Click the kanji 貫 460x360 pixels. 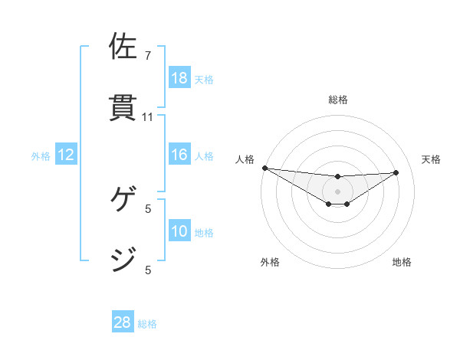tap(124, 107)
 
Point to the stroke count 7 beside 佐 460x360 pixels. tap(148, 56)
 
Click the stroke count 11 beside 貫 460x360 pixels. tap(148, 117)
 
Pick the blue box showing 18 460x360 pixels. tap(179, 78)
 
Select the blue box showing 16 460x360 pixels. tap(179, 155)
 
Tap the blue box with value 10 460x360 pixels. tap(179, 231)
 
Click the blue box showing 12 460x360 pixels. tap(66, 155)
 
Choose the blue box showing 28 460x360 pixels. tap(123, 322)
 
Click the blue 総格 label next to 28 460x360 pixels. tap(147, 324)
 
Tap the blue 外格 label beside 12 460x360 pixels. tap(41, 156)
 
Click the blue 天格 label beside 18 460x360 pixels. tap(204, 80)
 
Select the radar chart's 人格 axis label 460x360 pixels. tap(245, 159)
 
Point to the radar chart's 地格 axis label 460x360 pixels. tap(402, 262)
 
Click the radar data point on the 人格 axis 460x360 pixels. tap(264, 168)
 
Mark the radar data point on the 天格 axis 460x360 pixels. tap(396, 172)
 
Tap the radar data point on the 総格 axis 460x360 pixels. tap(337, 177)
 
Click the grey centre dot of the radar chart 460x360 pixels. tap(337, 191)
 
